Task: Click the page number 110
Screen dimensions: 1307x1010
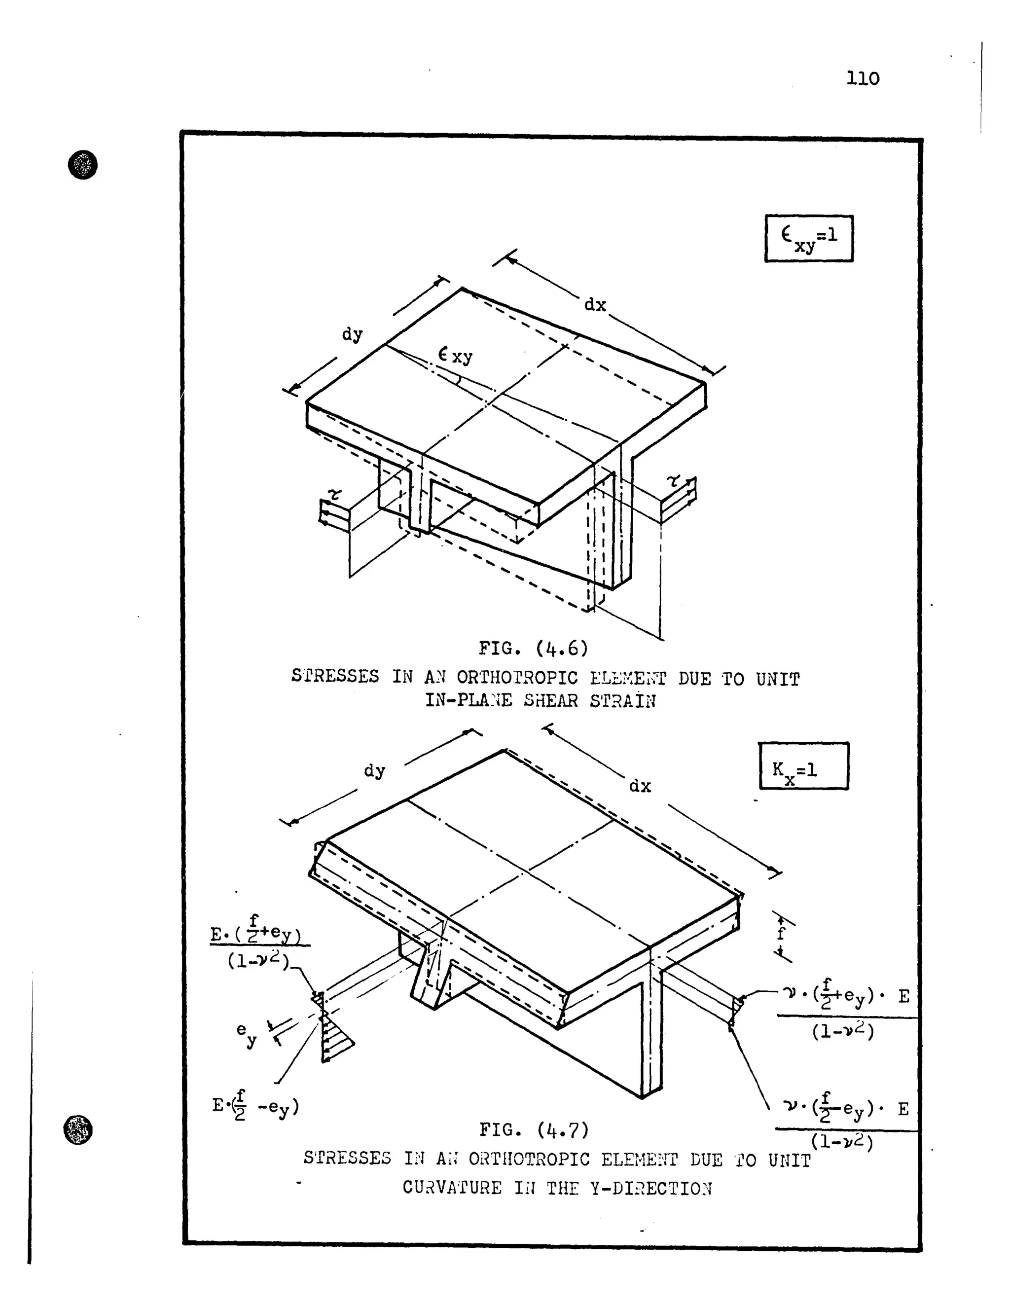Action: [x=862, y=78]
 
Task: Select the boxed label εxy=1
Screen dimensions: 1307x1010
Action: [x=808, y=238]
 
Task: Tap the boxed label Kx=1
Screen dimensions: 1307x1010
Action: [x=803, y=766]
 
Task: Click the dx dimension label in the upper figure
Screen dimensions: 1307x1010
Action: [x=595, y=305]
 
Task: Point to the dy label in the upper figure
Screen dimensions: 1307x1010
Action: [x=353, y=334]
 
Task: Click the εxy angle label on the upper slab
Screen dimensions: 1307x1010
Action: [x=455, y=356]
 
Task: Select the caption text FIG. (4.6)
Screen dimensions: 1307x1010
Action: [x=533, y=648]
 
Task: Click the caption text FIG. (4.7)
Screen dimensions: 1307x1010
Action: [x=534, y=1130]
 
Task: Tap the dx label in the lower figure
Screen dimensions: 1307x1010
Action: [x=640, y=786]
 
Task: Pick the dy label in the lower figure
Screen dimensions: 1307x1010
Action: [x=375, y=771]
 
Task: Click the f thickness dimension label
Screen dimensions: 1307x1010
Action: [x=780, y=934]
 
